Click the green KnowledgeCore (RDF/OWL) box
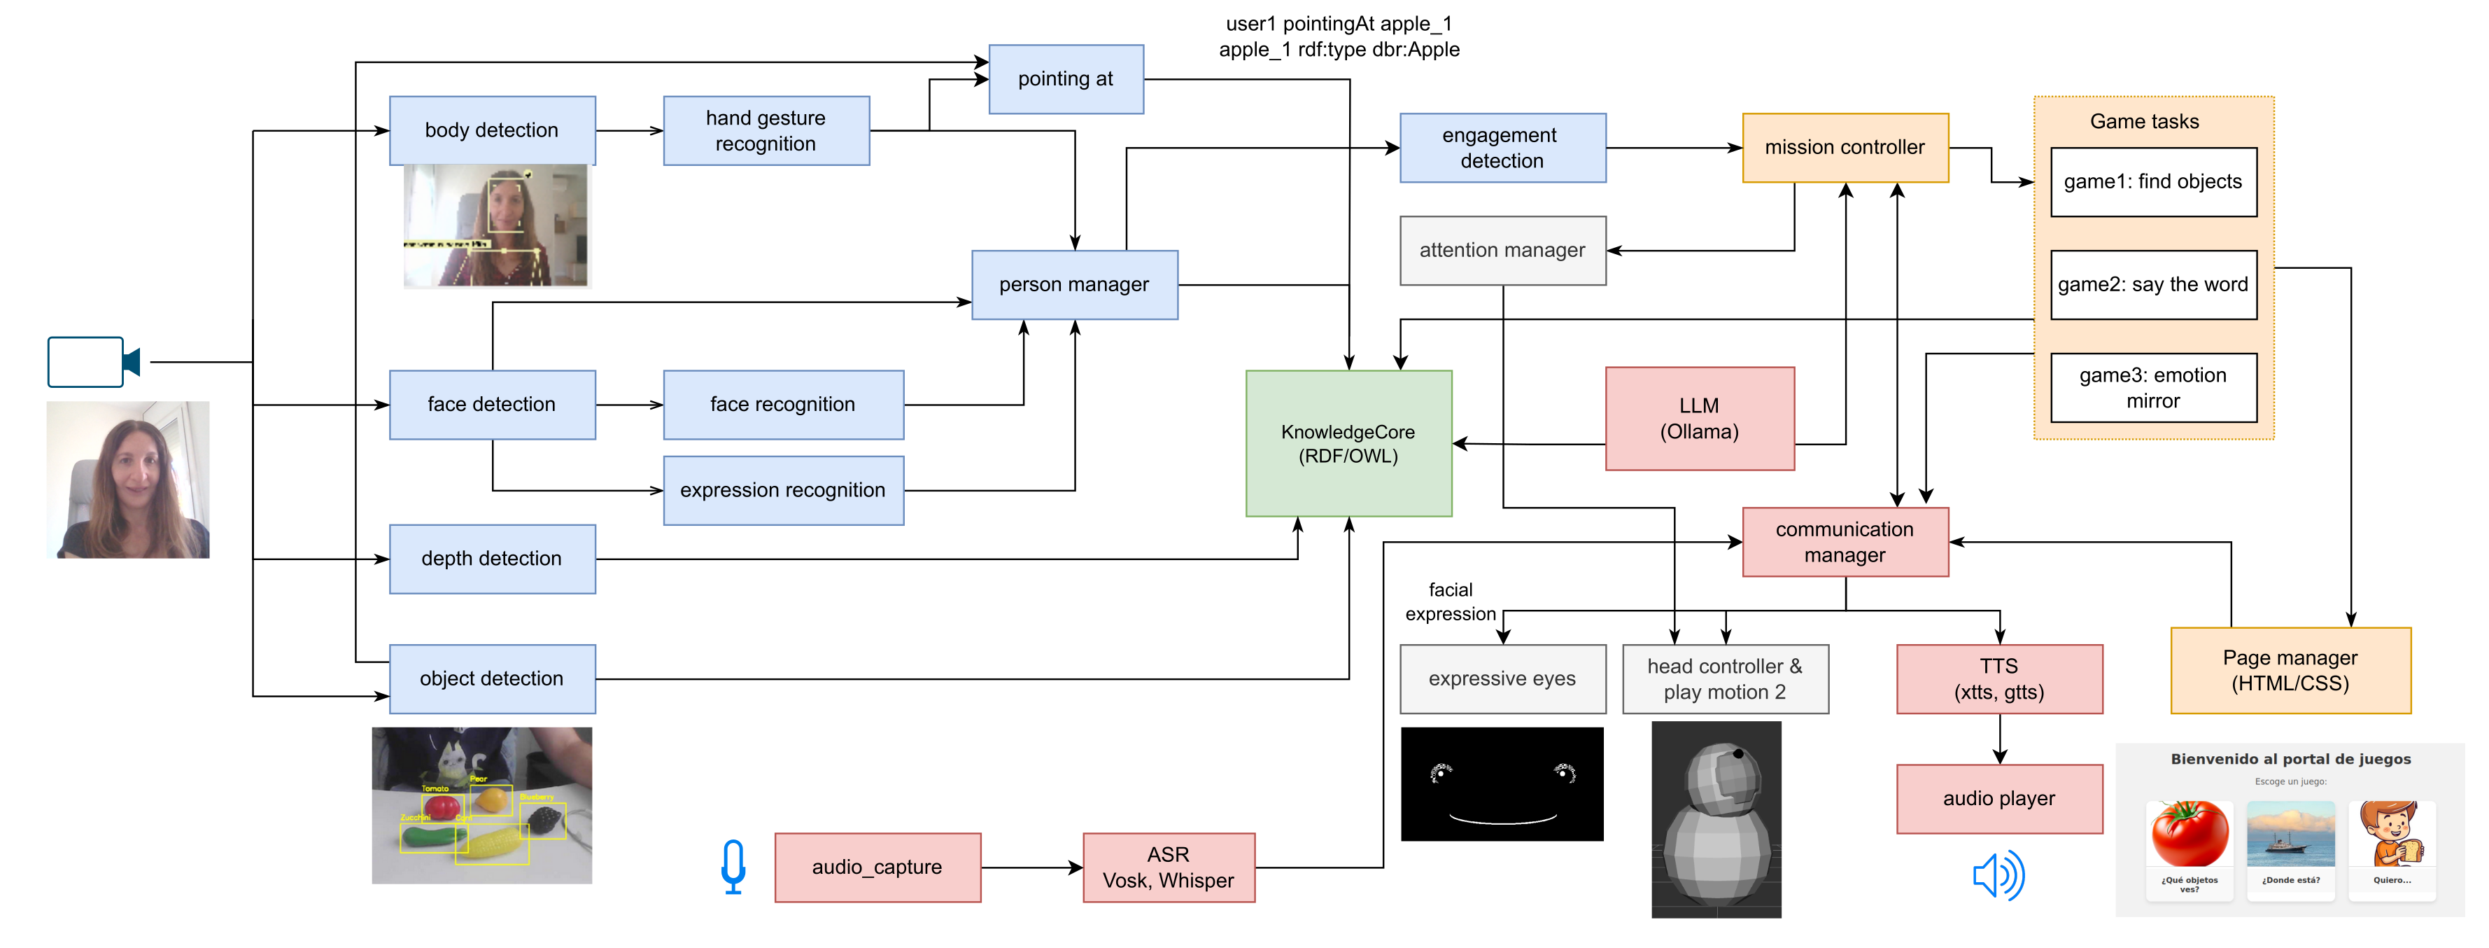pyautogui.click(x=1348, y=444)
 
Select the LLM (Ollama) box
pyautogui.click(x=1698, y=419)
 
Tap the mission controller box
pyautogui.click(x=1844, y=148)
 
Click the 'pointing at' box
pyautogui.click(x=1065, y=79)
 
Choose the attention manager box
pyautogui.click(x=1502, y=250)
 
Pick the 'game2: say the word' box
pyautogui.click(x=2152, y=284)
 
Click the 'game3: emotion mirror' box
pyautogui.click(x=2152, y=387)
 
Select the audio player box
pyautogui.click(x=1998, y=798)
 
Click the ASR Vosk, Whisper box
pyautogui.click(x=1167, y=867)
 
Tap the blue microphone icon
pyautogui.click(x=733, y=866)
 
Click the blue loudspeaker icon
pyautogui.click(x=1997, y=875)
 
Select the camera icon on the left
pyautogui.click(x=93, y=363)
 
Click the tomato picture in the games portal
pyautogui.click(x=2189, y=834)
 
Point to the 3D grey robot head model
pyautogui.click(x=1715, y=819)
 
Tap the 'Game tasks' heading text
pyautogui.click(x=2143, y=122)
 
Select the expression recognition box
pyautogui.click(x=782, y=490)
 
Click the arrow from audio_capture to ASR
pyautogui.click(x=1030, y=867)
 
